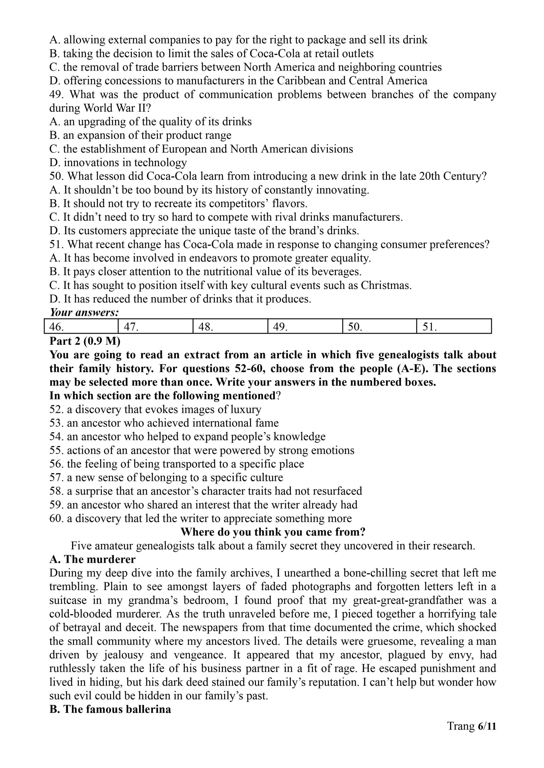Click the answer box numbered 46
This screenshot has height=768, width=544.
tap(81, 326)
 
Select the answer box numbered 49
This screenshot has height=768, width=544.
tap(305, 326)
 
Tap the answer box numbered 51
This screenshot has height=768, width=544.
tap(454, 326)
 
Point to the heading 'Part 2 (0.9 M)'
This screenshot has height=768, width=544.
tap(85, 341)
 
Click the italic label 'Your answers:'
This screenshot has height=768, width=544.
tap(84, 312)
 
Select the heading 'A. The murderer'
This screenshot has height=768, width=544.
tap(92, 559)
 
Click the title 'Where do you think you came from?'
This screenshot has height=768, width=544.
tap(273, 532)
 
